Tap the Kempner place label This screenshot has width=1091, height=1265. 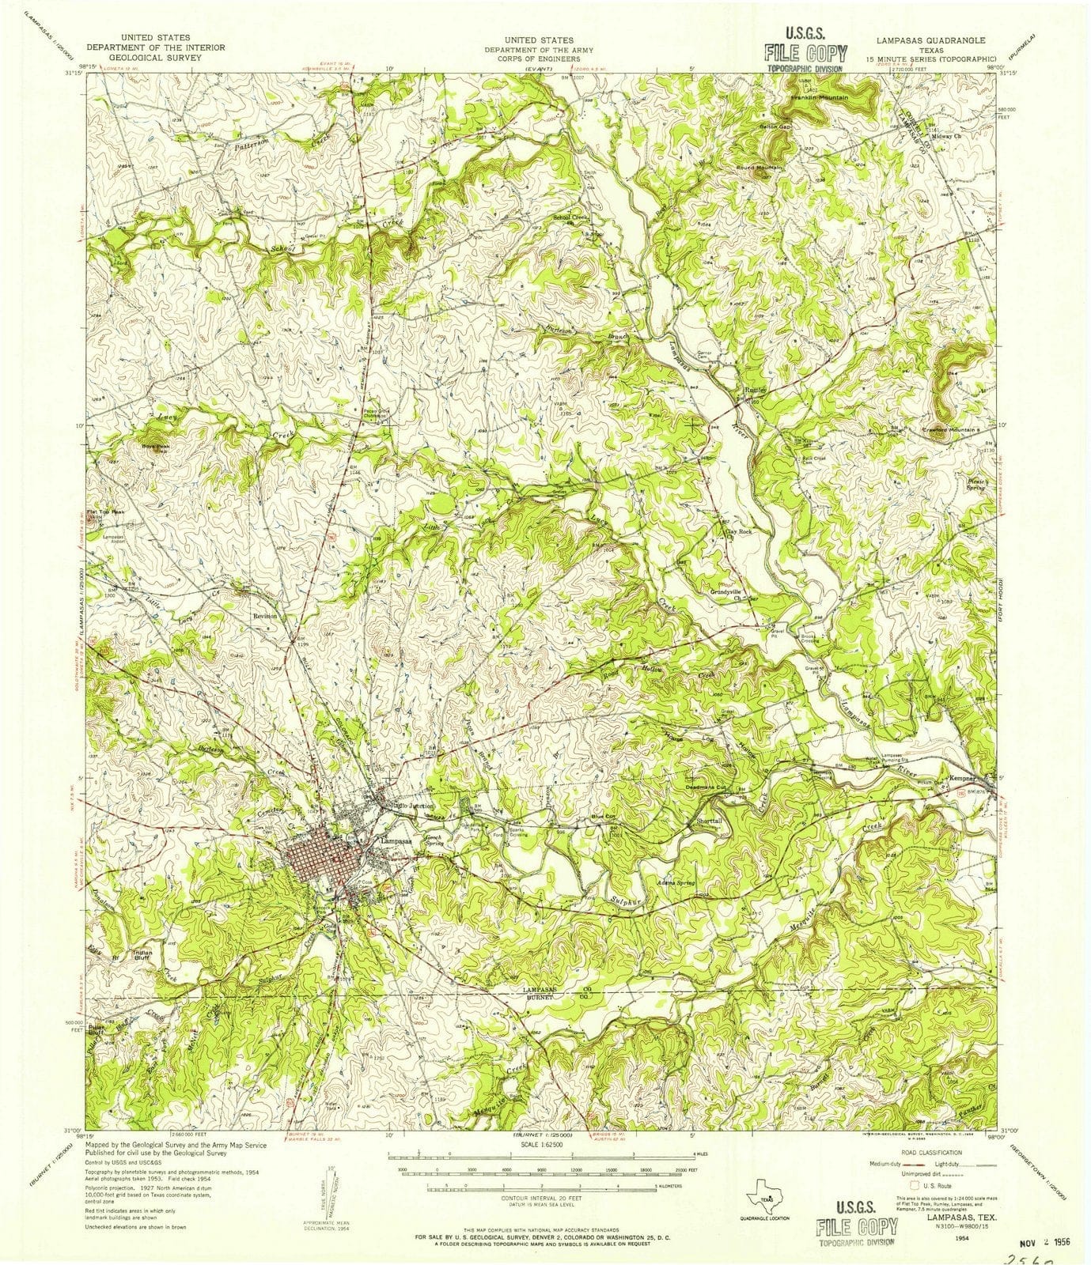click(x=962, y=779)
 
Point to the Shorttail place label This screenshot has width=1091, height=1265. click(x=709, y=821)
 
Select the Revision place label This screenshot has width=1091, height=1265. click(x=266, y=615)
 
